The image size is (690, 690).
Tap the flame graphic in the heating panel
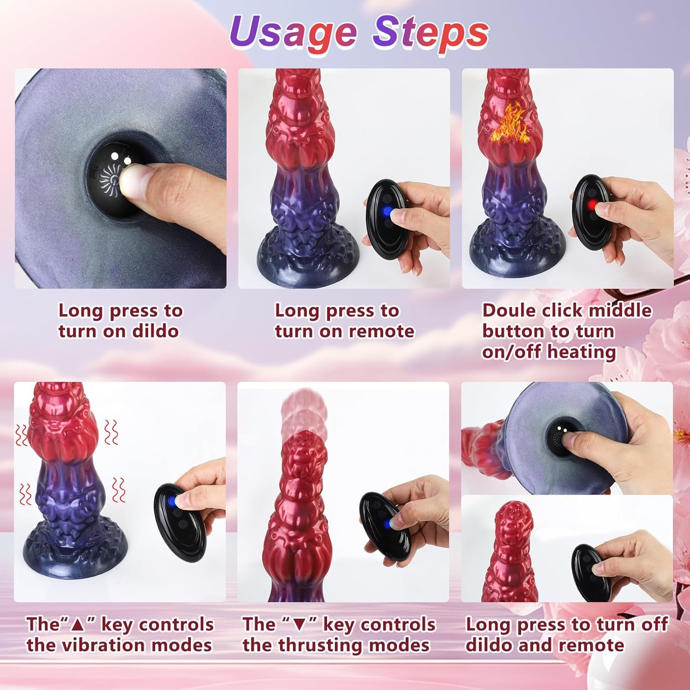507,124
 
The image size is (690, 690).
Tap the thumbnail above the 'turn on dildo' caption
121,178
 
